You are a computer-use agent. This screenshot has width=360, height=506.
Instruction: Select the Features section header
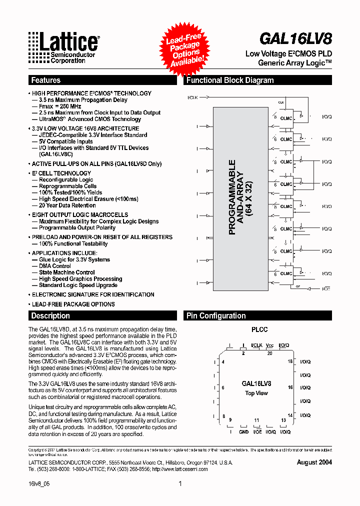tap(45, 80)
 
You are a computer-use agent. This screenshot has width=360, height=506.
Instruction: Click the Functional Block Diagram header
tap(230, 80)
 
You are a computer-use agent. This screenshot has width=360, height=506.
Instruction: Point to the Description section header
tap(50, 315)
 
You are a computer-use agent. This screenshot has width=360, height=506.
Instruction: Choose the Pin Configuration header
tap(216, 315)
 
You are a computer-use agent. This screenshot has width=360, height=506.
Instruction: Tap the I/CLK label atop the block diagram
tap(192, 96)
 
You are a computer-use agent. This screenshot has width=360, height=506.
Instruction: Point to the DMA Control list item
tap(55, 266)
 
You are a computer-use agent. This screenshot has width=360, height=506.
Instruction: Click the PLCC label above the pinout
tap(259, 329)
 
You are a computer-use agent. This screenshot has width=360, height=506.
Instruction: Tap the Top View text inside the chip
tap(256, 393)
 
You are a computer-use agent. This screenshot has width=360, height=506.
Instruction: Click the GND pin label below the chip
tap(243, 431)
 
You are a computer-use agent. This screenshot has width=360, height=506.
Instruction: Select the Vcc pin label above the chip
tap(269, 345)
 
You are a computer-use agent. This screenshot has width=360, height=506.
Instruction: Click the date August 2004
tap(314, 462)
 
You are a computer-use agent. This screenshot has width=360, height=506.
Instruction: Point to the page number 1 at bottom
tap(180, 483)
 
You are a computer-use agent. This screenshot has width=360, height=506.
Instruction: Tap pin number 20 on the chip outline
tap(269, 353)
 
